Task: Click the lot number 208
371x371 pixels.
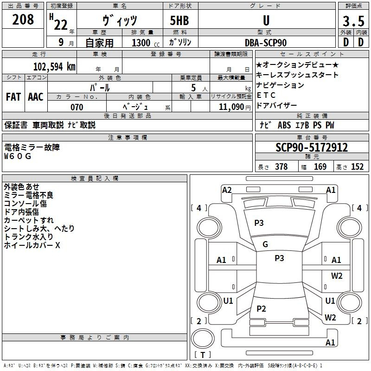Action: [23, 19]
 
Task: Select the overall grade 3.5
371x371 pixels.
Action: [353, 21]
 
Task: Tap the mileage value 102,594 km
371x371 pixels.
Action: [54, 66]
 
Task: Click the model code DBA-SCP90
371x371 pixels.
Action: [266, 43]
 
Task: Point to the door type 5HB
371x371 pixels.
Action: [179, 20]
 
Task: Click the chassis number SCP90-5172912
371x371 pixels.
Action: [312, 147]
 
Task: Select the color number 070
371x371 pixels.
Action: [77, 107]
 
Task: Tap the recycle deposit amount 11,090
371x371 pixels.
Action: [231, 107]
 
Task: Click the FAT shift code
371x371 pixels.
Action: [13, 97]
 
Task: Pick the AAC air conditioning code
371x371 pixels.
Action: [36, 97]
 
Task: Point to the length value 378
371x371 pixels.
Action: [281, 166]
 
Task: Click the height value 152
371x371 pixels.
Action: [357, 166]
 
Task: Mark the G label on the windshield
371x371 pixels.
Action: [265, 244]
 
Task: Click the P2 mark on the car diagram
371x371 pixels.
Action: [261, 308]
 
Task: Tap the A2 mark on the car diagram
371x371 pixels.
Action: [227, 190]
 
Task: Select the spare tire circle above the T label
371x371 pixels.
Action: [203, 339]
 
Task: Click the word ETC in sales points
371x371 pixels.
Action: [266, 95]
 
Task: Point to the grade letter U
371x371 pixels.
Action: [266, 20]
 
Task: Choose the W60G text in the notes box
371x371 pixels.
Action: [18, 156]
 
